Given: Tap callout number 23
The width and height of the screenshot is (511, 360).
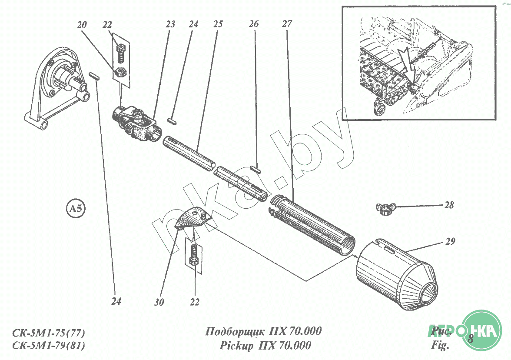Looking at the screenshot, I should pyautogui.click(x=170, y=24).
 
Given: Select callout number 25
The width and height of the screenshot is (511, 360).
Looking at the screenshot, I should pyautogui.click(x=218, y=24).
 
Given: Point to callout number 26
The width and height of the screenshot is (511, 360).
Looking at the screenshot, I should pyautogui.click(x=254, y=24).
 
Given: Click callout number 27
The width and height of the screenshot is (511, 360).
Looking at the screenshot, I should pyautogui.click(x=287, y=24).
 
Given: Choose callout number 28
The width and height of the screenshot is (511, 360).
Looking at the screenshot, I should pyautogui.click(x=449, y=205).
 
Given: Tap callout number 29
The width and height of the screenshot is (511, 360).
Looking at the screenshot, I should pyautogui.click(x=450, y=242).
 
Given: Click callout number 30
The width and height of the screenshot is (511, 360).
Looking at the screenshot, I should pyautogui.click(x=159, y=302).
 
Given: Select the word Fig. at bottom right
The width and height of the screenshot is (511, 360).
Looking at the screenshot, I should pyautogui.click(x=440, y=347).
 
